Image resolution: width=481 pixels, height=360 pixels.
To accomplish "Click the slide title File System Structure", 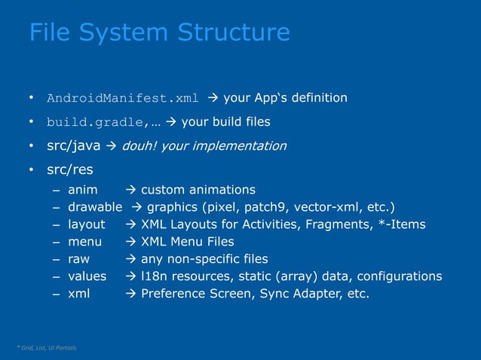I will pyautogui.click(x=159, y=32).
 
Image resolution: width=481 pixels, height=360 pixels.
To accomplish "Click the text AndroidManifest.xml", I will pyautogui.click(x=123, y=98).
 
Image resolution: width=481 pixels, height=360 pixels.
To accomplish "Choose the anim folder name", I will pyautogui.click(x=82, y=190).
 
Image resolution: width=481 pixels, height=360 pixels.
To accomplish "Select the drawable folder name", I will pyautogui.click(x=95, y=207).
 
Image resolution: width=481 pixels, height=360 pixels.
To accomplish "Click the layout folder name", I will pyautogui.click(x=87, y=224).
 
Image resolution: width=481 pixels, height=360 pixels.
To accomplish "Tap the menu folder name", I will pyautogui.click(x=85, y=242).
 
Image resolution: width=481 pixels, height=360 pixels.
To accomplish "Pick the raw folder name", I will pyautogui.click(x=79, y=259).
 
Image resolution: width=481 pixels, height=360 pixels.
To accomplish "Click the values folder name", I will pyautogui.click(x=87, y=276).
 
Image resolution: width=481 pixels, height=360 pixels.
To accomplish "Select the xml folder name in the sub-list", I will pyautogui.click(x=78, y=294).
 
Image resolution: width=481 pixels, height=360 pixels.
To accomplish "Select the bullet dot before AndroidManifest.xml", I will pyautogui.click(x=32, y=98).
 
